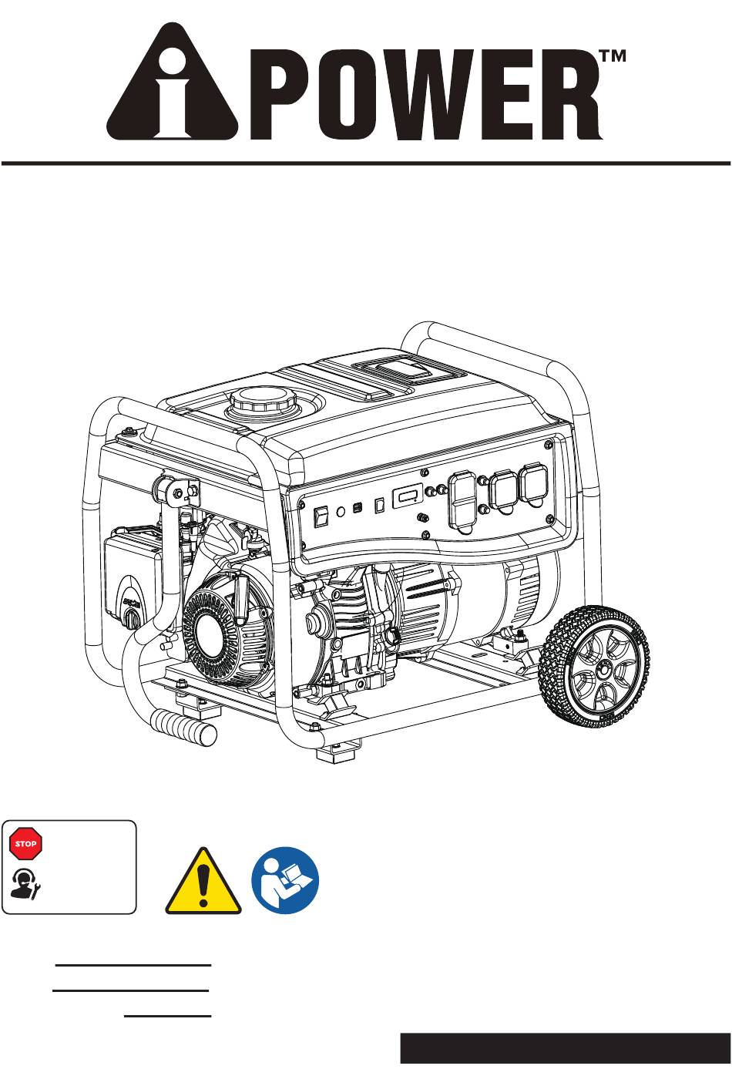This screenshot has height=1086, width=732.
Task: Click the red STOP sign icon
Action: [x=25, y=843]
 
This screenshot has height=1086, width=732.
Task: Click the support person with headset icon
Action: [x=25, y=885]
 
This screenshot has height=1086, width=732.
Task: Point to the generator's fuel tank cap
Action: [x=263, y=402]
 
